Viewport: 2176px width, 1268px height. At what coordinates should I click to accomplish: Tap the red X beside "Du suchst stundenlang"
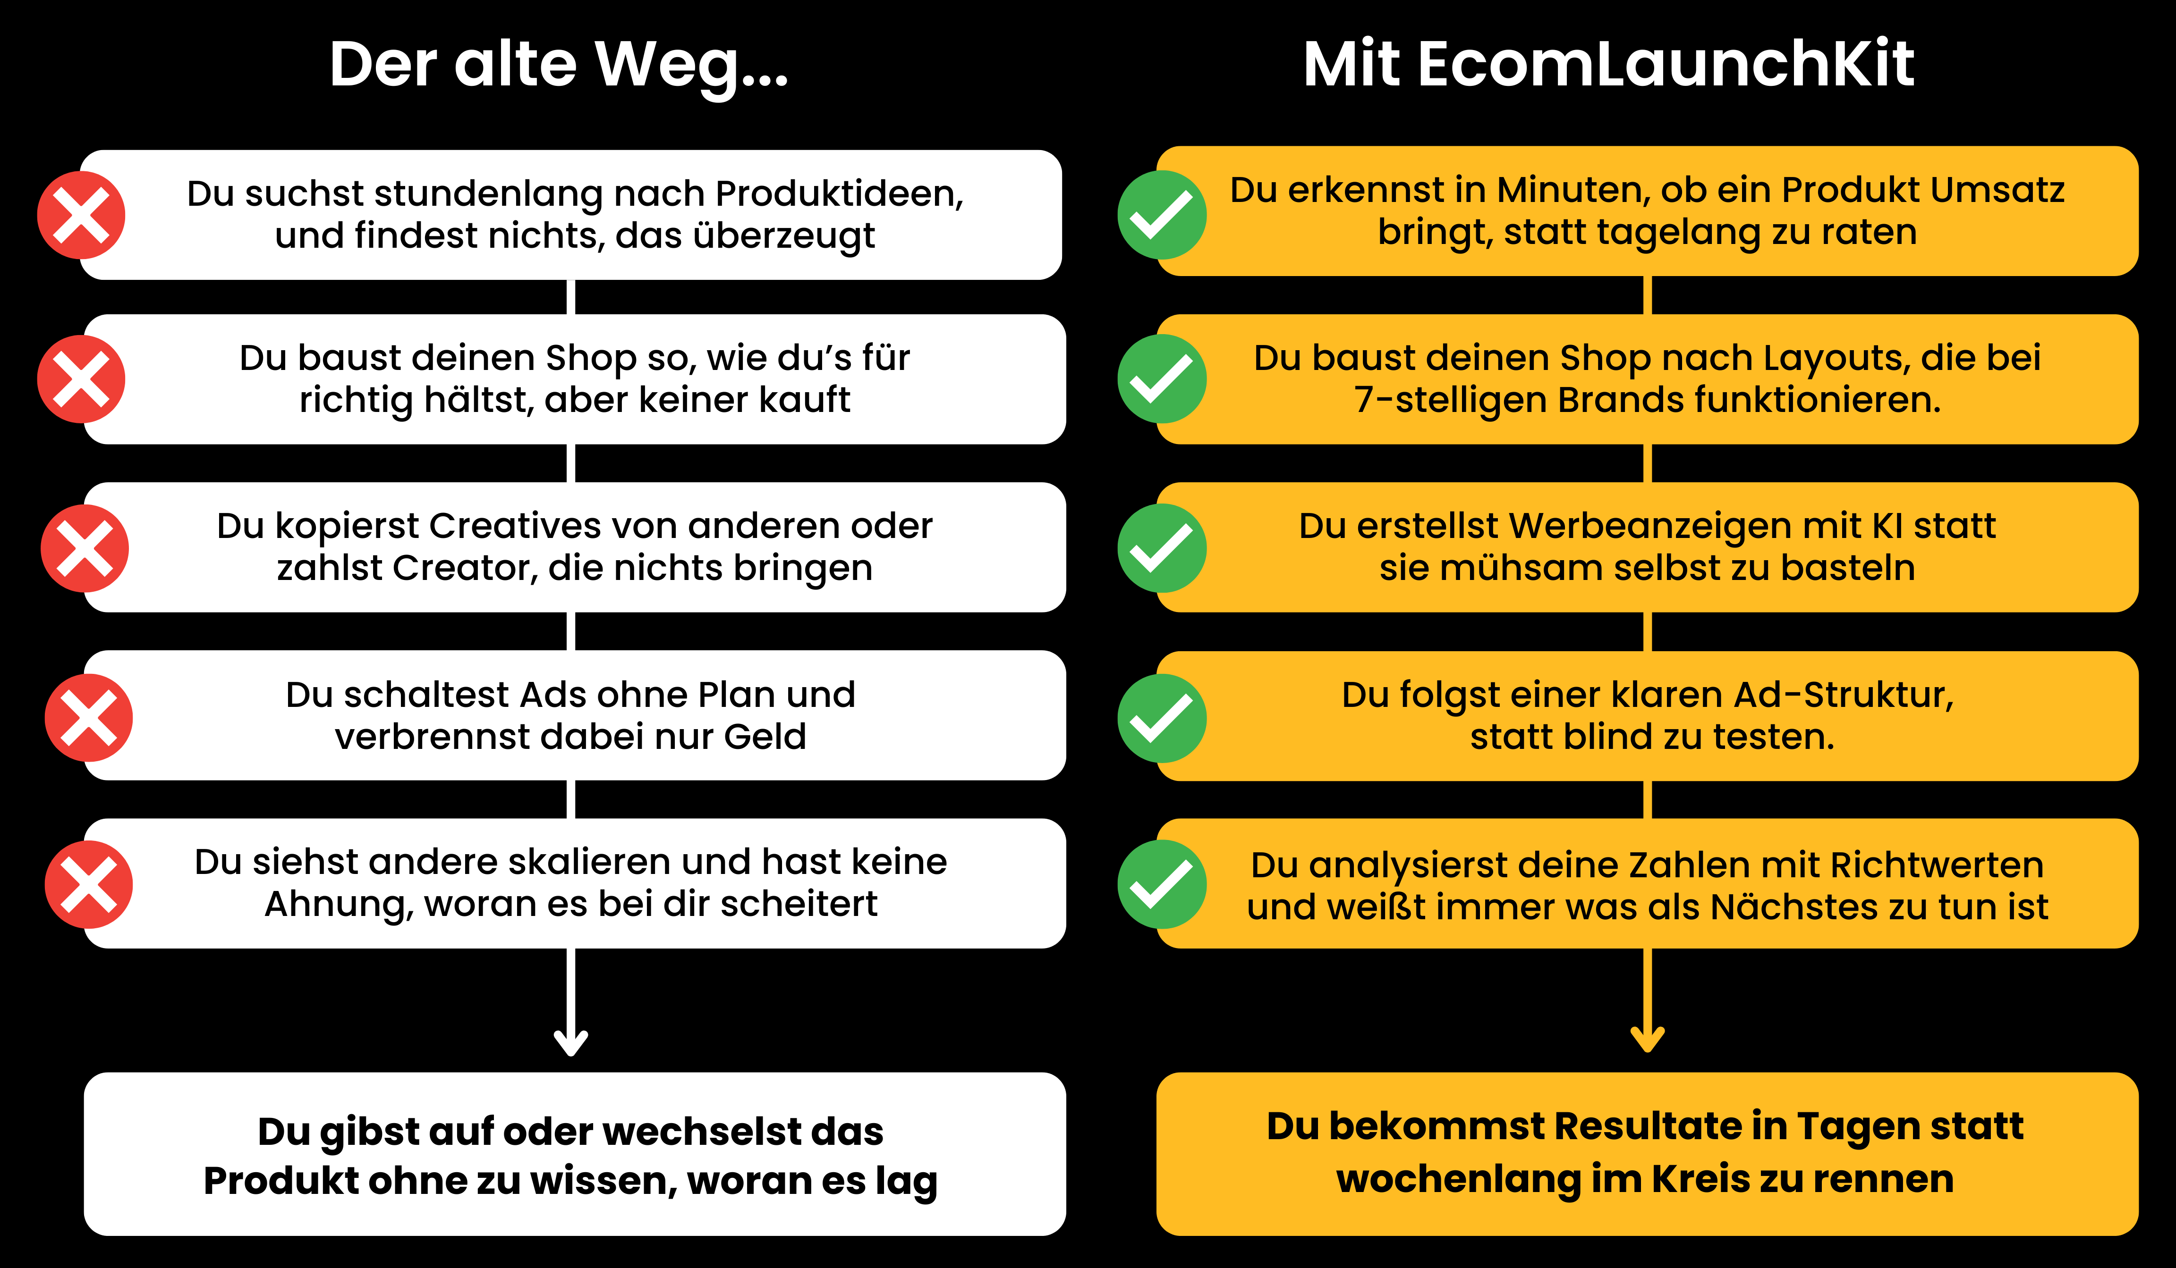[81, 215]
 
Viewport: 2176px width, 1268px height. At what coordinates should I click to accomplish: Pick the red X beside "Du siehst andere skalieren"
[89, 885]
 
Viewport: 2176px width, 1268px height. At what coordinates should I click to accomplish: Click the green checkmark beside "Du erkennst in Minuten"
[1162, 215]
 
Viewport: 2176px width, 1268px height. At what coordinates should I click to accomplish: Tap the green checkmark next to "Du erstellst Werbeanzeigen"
[1162, 548]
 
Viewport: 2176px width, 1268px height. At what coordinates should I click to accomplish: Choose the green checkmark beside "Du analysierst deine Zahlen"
[1162, 885]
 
